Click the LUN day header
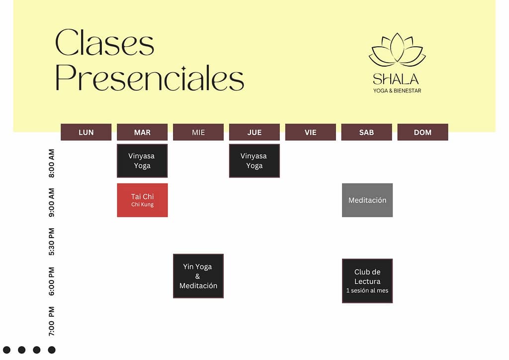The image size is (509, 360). coord(86,132)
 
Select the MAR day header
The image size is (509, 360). coord(142,132)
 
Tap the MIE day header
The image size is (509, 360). coord(198,132)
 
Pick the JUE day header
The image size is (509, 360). coord(254,132)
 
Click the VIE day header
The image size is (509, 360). coord(311,132)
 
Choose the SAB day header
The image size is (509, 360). coord(366,132)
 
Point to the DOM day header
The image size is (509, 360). coord(423,132)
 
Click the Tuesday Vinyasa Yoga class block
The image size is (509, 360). coord(142,161)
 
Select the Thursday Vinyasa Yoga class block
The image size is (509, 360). coord(254,161)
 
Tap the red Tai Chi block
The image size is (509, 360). coord(143,200)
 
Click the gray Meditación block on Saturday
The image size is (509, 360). coord(367,200)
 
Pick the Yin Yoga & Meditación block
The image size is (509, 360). coord(198,276)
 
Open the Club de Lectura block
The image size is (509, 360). coord(367,281)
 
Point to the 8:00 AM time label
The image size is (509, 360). coord(52,163)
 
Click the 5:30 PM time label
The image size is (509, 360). coord(52,242)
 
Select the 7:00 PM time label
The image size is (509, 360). coord(52,321)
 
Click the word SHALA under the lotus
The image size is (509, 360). coord(396,79)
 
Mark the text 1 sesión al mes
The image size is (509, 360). coord(367,290)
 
